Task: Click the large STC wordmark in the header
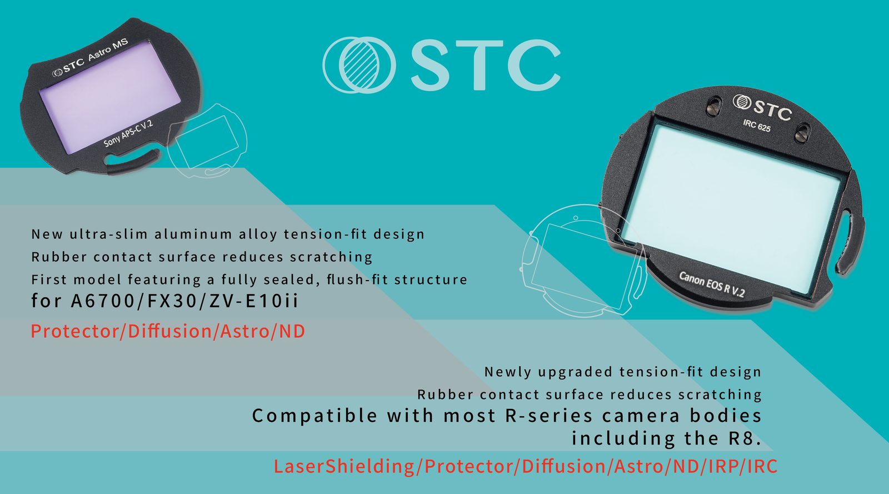point(486,65)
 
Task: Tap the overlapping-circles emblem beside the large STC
point(359,65)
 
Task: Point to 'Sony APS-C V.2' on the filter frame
point(128,133)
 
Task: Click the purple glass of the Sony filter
point(111,97)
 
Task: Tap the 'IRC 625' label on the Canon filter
point(757,126)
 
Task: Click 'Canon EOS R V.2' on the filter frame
point(712,284)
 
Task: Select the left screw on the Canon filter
point(715,106)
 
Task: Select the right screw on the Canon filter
point(802,133)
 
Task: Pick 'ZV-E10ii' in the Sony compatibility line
point(253,301)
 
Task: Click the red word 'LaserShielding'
point(344,466)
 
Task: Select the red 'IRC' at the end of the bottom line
point(762,466)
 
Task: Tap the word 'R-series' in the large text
point(549,416)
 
